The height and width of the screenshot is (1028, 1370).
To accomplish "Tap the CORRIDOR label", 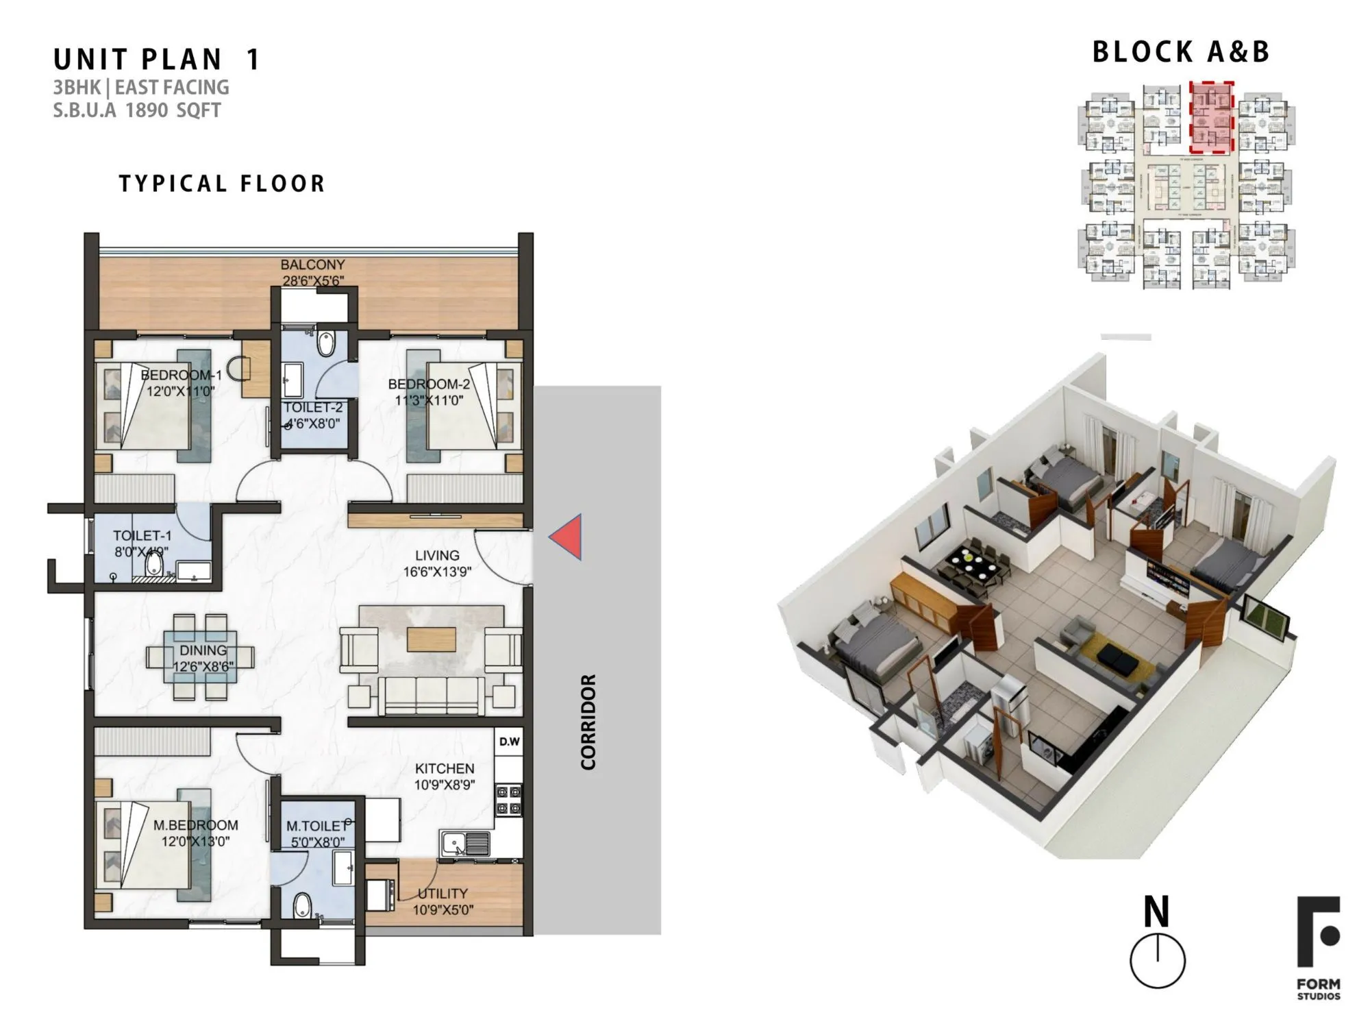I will tap(588, 722).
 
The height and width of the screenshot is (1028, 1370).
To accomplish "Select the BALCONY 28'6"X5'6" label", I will tap(312, 272).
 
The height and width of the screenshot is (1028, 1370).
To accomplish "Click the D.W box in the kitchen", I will tap(509, 742).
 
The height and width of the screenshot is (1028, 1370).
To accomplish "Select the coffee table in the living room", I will tap(432, 639).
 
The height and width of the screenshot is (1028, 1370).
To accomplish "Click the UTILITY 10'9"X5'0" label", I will tap(443, 901).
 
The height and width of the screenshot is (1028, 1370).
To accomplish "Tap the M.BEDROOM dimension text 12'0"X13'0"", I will tap(195, 841).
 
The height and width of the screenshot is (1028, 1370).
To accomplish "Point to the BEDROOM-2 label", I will tap(429, 384).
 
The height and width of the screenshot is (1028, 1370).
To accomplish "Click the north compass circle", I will tap(1157, 959).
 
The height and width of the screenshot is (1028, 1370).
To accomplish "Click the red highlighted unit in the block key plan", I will tap(1211, 117).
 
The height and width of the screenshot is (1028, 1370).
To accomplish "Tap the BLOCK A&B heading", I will tap(1180, 52).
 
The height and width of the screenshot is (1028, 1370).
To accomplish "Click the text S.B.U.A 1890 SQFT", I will tap(137, 110).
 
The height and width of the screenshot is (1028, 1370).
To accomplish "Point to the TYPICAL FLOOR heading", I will tap(222, 184).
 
